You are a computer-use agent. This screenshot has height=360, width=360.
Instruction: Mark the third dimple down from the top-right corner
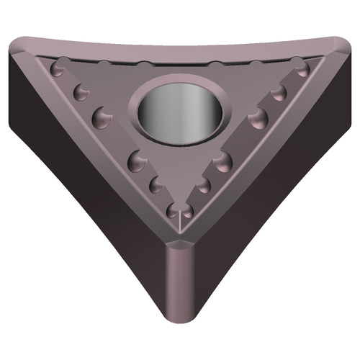[x=257, y=117]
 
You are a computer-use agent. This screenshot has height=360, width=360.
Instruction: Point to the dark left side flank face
[x=79, y=180]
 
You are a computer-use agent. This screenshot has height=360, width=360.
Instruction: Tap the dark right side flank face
[x=281, y=180]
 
